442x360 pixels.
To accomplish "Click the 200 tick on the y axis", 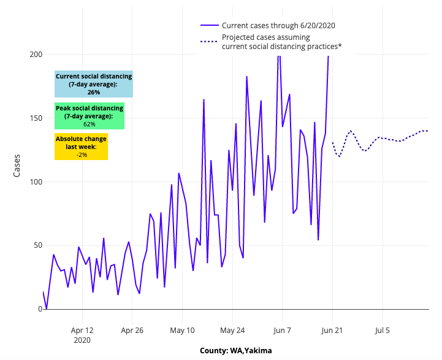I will click(x=35, y=55).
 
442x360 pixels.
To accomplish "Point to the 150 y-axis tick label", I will click(x=35, y=118).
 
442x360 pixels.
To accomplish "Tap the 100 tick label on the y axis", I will click(x=35, y=182).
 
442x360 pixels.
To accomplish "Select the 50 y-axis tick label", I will click(x=37, y=245).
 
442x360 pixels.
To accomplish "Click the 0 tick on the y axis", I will click(x=39, y=309).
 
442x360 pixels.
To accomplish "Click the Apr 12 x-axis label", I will click(x=82, y=330).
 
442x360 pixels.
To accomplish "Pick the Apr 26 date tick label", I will click(x=132, y=330).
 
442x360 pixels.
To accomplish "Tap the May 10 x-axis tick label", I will click(x=182, y=330).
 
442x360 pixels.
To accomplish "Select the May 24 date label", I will click(x=232, y=330).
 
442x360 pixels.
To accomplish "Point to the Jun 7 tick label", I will click(x=283, y=330).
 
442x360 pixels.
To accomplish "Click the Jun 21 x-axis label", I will click(x=332, y=330).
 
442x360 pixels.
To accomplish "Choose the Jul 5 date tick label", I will click(x=383, y=330).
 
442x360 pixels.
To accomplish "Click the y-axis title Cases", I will click(x=17, y=165).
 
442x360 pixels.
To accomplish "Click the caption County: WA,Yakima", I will click(x=236, y=351).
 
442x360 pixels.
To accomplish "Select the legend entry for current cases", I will click(x=278, y=25).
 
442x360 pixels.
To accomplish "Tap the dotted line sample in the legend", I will click(x=209, y=42).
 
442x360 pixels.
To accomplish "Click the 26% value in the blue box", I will click(x=94, y=92).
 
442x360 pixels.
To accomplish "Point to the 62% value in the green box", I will click(x=90, y=124).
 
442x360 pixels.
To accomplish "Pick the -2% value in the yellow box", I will click(x=82, y=155).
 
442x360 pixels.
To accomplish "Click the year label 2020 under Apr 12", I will click(x=82, y=339).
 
